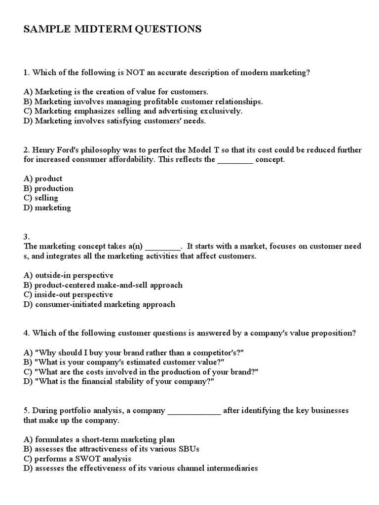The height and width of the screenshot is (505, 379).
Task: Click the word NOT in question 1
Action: (136, 72)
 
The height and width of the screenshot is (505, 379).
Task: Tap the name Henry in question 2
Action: (45, 149)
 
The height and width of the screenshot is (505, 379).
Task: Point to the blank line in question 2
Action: (235, 160)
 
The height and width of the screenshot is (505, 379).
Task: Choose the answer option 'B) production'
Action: (48, 188)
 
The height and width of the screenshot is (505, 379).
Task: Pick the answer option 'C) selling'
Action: (40, 198)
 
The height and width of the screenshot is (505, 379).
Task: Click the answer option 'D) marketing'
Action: (47, 208)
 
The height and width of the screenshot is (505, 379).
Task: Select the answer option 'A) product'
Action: (43, 179)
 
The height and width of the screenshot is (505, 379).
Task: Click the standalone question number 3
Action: (27, 237)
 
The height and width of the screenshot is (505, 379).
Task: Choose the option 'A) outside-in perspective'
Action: (68, 275)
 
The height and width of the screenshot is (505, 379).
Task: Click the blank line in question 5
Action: (194, 411)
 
